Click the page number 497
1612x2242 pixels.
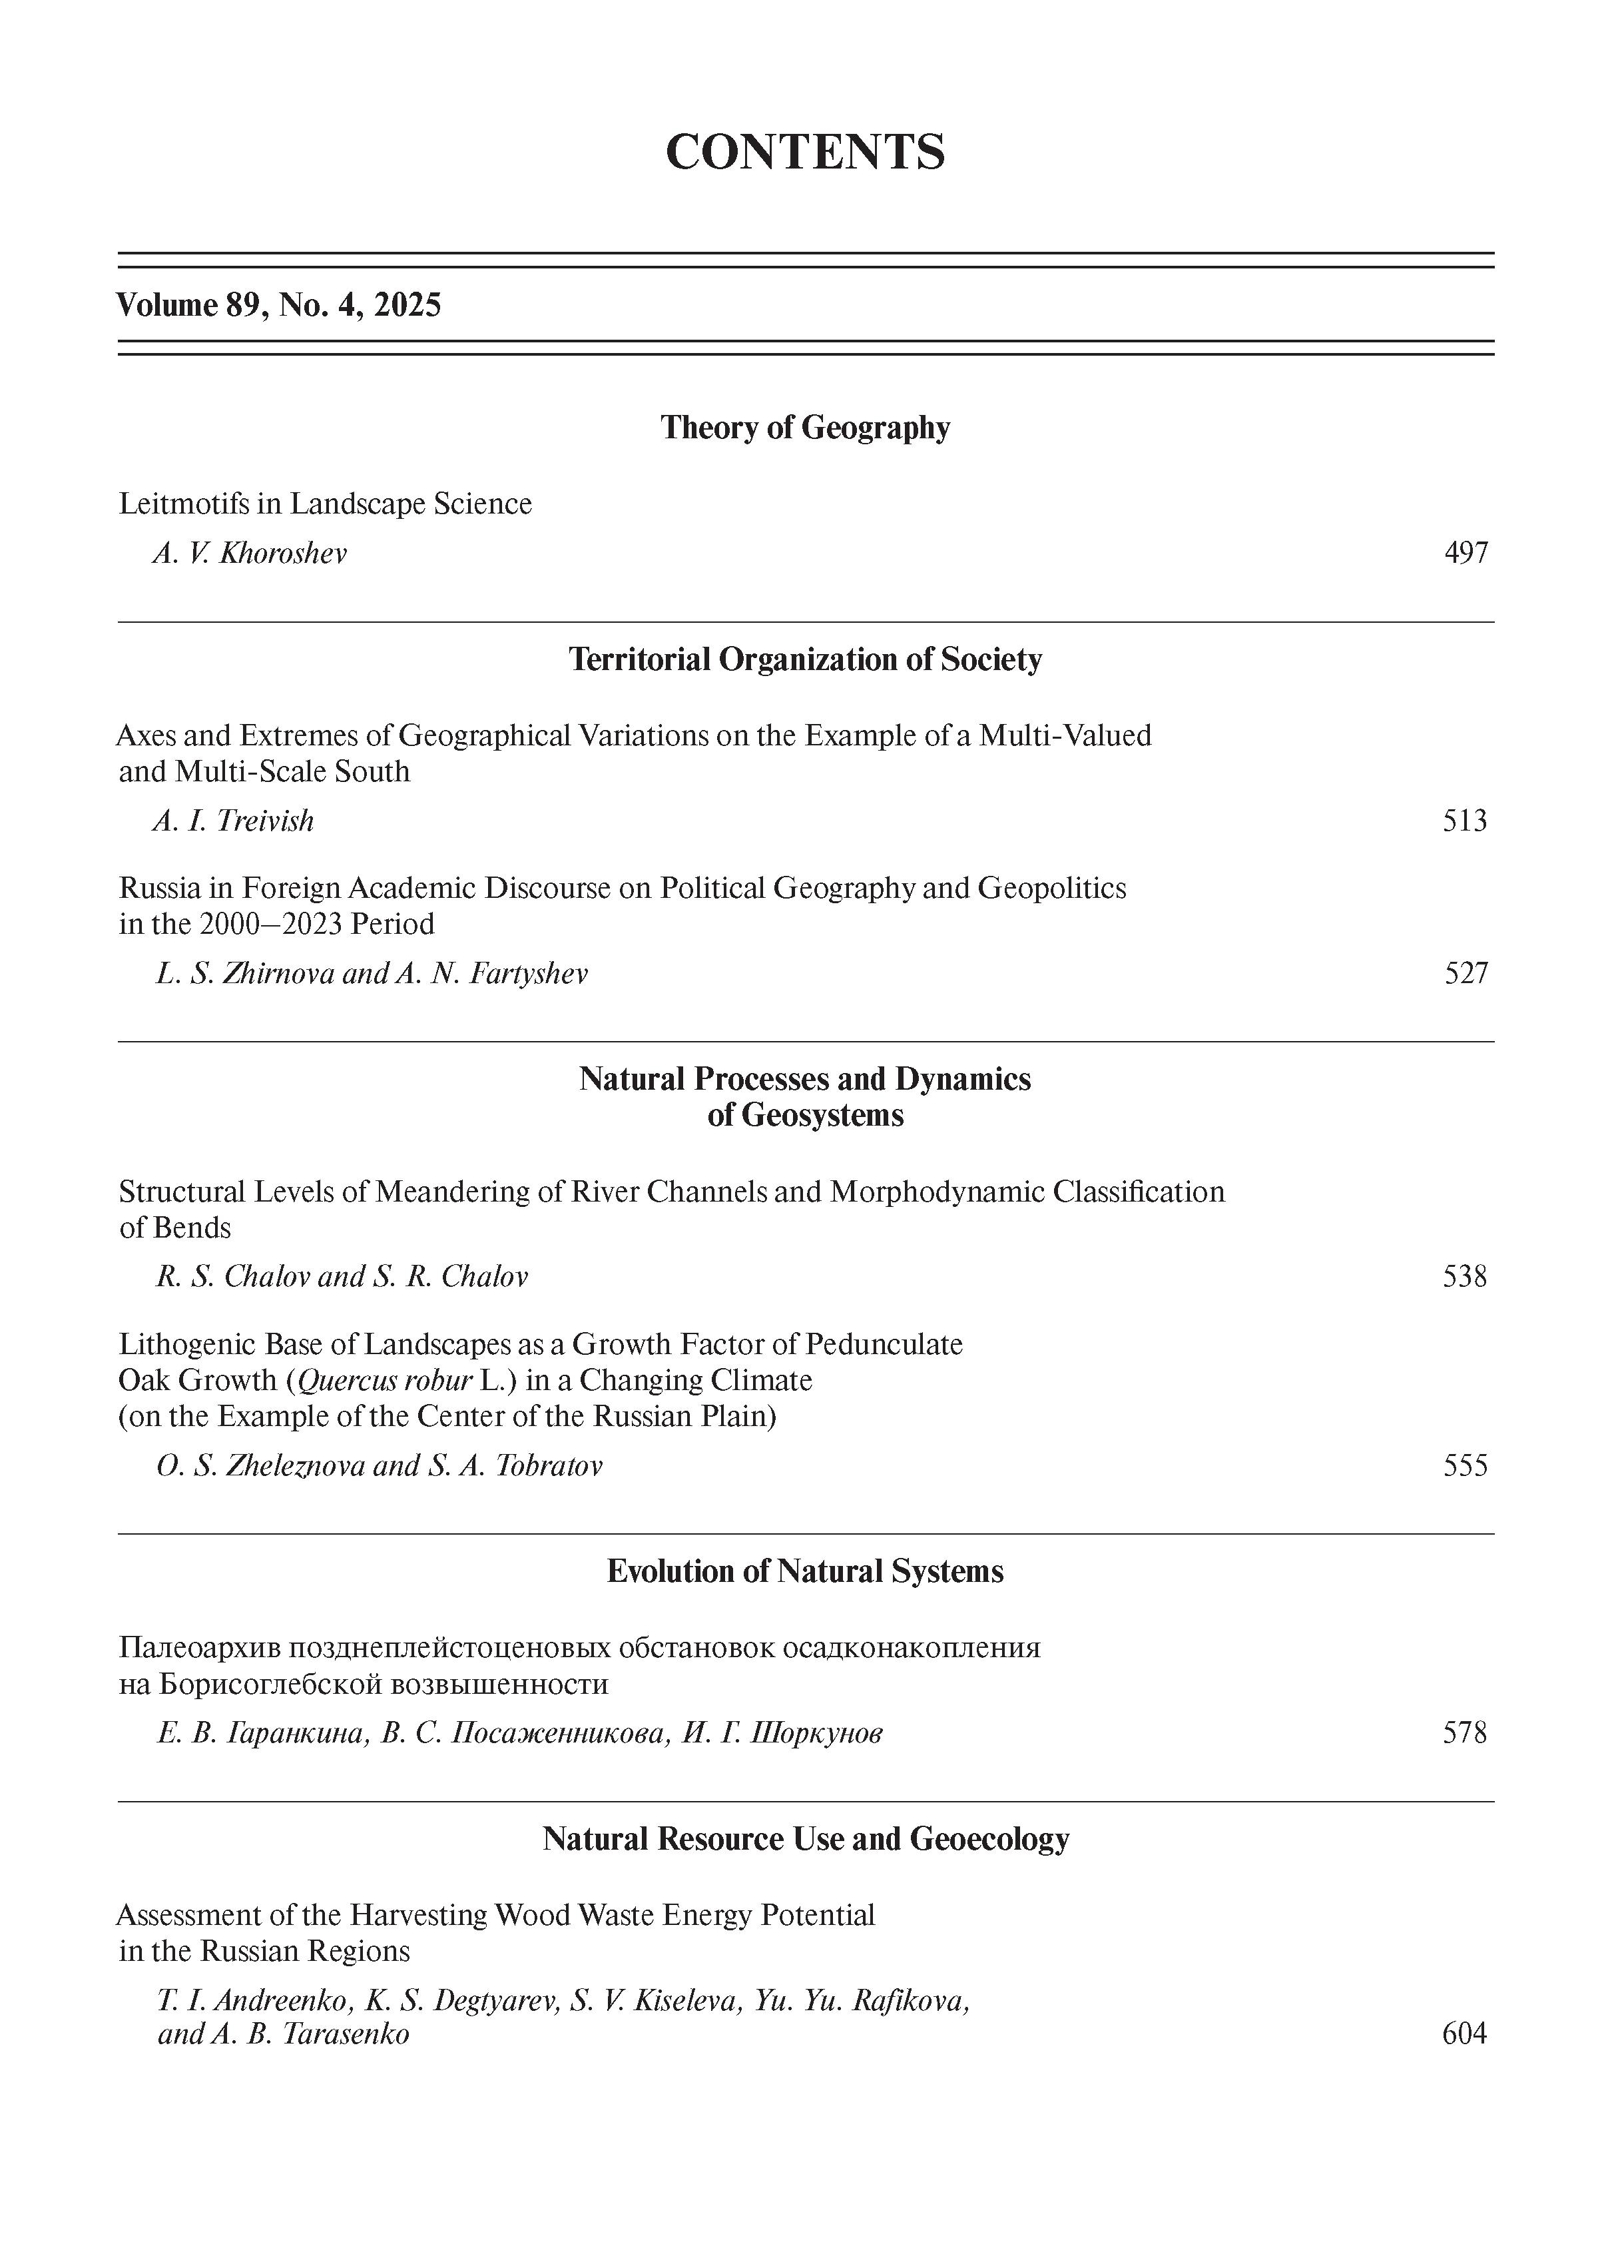point(1465,553)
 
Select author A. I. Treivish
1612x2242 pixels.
point(233,821)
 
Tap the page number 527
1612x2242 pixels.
point(1465,974)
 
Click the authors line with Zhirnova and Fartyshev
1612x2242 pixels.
point(372,974)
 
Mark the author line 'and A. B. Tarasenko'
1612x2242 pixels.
point(284,2034)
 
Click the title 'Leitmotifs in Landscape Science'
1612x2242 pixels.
point(325,504)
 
